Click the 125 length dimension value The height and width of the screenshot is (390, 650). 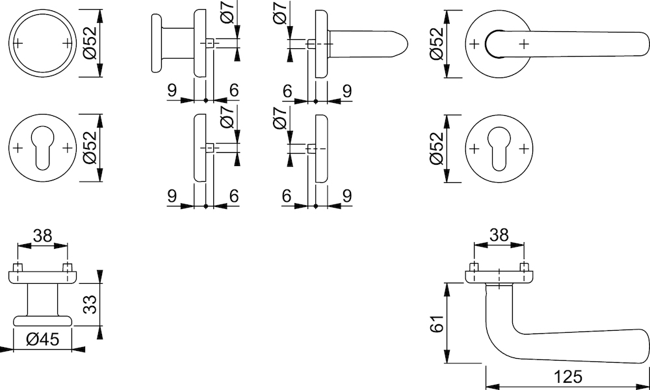coord(568,377)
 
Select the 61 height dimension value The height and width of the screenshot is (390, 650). coord(437,323)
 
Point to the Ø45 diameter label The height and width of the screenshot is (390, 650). coord(43,340)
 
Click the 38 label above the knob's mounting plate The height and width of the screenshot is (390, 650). coord(43,236)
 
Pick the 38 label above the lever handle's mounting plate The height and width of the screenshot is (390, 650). coord(499,235)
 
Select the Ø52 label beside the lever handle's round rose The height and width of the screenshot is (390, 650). coord(437,43)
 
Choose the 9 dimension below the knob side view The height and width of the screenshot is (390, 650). coord(172,90)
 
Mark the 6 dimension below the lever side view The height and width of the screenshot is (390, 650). coord(287,90)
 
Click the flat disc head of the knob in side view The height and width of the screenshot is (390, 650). coord(156,43)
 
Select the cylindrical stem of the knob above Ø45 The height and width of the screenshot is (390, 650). coord(43,299)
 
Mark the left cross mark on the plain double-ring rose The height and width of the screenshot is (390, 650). coord(18,43)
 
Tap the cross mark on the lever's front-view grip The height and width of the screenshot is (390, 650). coord(524,43)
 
